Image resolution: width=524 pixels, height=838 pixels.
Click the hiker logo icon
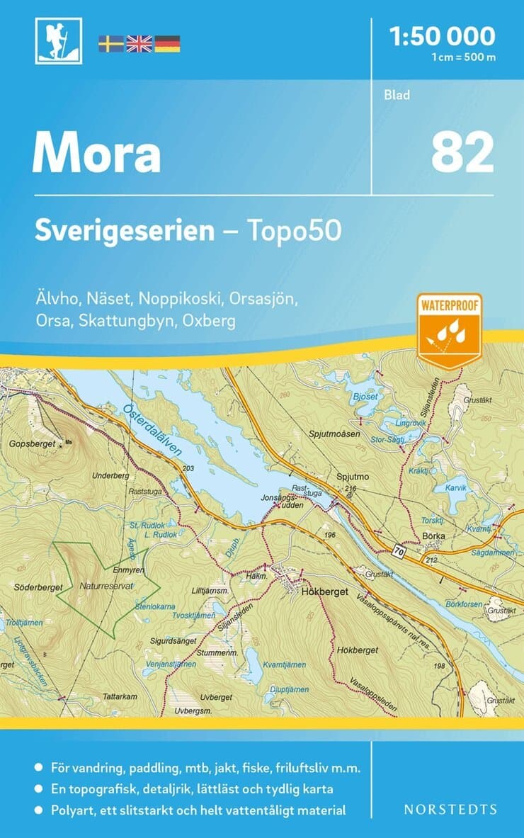(58, 41)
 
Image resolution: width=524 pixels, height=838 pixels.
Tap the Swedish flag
(110, 44)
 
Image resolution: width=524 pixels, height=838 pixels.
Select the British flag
(139, 44)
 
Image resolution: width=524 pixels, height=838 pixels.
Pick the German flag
(167, 44)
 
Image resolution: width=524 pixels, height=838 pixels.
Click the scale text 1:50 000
(443, 35)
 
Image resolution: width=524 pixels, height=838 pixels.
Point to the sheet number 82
(462, 154)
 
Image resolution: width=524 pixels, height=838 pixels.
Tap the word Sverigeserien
(125, 232)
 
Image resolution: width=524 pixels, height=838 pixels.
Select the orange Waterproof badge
(449, 330)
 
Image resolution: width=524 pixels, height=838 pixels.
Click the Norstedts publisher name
(450, 809)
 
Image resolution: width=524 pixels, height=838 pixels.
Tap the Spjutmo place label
(353, 477)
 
